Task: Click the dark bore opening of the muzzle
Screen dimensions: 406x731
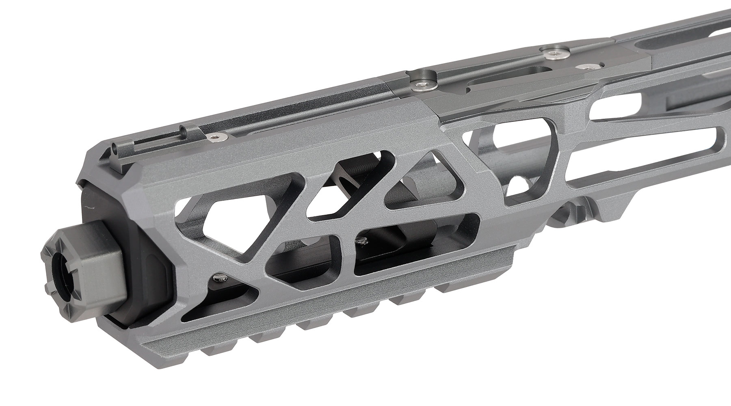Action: [62, 276]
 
